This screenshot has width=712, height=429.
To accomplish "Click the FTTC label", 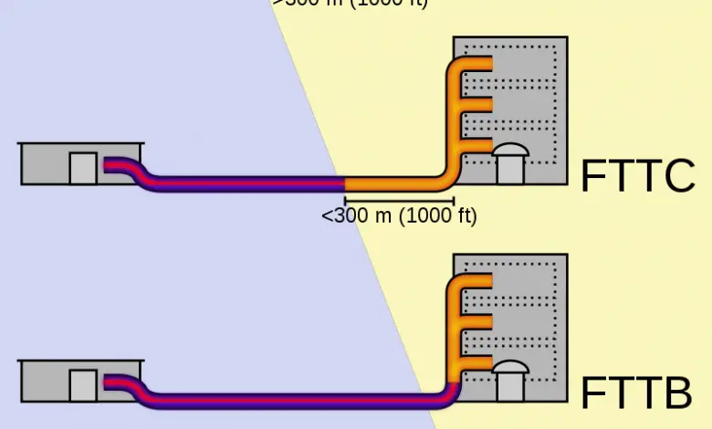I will (x=638, y=176).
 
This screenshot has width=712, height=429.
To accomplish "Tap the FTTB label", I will (x=636, y=394).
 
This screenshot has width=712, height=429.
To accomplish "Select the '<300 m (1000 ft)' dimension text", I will (x=399, y=216).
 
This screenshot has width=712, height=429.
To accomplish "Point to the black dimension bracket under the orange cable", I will (x=399, y=199).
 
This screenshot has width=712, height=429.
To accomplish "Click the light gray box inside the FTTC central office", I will (x=83, y=168).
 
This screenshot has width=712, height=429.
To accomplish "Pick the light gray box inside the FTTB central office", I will (x=83, y=385).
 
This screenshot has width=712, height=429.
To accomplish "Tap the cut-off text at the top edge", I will (x=350, y=3).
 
